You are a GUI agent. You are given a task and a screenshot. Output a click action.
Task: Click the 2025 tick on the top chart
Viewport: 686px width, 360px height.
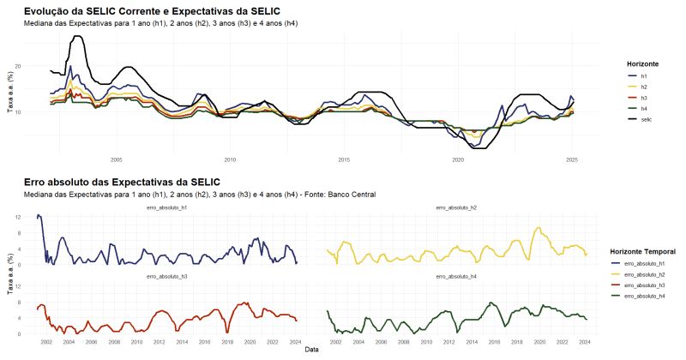coord(571,159)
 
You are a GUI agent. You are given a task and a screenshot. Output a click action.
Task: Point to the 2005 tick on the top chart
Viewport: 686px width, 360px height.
coord(117,159)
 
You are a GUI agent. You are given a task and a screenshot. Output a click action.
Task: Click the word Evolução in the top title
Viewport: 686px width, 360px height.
coord(50,11)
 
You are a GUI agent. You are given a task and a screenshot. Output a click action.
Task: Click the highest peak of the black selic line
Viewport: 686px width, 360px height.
coord(76,37)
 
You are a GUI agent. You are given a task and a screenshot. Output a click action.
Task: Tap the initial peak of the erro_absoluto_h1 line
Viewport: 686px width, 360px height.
coord(39,216)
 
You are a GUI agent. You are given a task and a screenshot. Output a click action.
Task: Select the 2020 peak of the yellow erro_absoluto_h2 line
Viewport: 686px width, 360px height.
coord(538,228)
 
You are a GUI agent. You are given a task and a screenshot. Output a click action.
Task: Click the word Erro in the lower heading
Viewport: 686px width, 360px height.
coord(37,183)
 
